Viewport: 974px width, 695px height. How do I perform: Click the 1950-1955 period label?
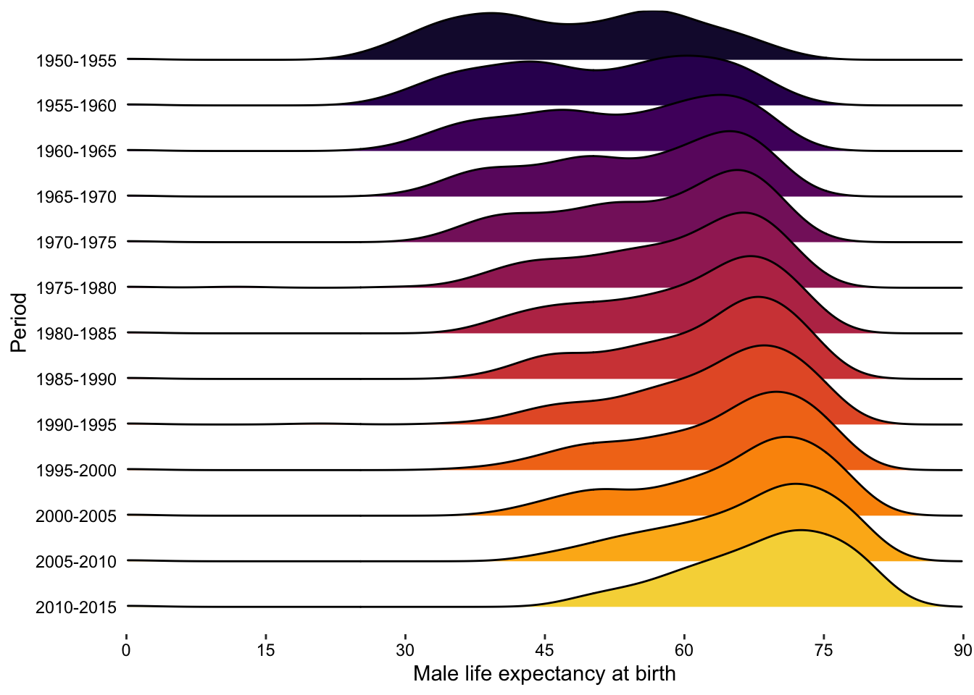pyautogui.click(x=75, y=61)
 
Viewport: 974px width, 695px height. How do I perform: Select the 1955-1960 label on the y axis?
pyautogui.click(x=75, y=106)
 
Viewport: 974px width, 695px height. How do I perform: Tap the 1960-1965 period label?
pyautogui.click(x=75, y=151)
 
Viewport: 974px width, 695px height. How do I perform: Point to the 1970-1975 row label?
pyautogui.click(x=75, y=243)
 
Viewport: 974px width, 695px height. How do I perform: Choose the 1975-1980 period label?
pyautogui.click(x=75, y=288)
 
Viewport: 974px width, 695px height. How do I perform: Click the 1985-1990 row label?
pyautogui.click(x=75, y=379)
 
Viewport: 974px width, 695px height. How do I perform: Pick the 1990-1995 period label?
pyautogui.click(x=75, y=425)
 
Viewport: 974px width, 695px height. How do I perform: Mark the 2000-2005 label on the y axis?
pyautogui.click(x=75, y=516)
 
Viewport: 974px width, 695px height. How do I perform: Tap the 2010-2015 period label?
pyautogui.click(x=75, y=607)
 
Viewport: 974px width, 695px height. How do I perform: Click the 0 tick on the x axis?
pyautogui.click(x=127, y=650)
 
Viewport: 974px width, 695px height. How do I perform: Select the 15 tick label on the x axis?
pyautogui.click(x=266, y=650)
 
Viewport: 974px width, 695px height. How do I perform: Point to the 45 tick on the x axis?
pyautogui.click(x=545, y=650)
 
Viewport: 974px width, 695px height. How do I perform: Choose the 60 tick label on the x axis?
pyautogui.click(x=684, y=650)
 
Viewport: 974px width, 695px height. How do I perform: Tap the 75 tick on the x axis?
pyautogui.click(x=823, y=650)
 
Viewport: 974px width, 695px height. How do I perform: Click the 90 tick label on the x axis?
pyautogui.click(x=962, y=650)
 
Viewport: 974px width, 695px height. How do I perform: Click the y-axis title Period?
pyautogui.click(x=20, y=322)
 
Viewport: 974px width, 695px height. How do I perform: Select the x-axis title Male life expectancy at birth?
pyautogui.click(x=544, y=674)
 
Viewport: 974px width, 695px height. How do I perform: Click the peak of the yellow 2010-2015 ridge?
pyautogui.click(x=801, y=531)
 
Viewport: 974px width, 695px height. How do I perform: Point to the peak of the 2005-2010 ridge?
pyautogui.click(x=796, y=484)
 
